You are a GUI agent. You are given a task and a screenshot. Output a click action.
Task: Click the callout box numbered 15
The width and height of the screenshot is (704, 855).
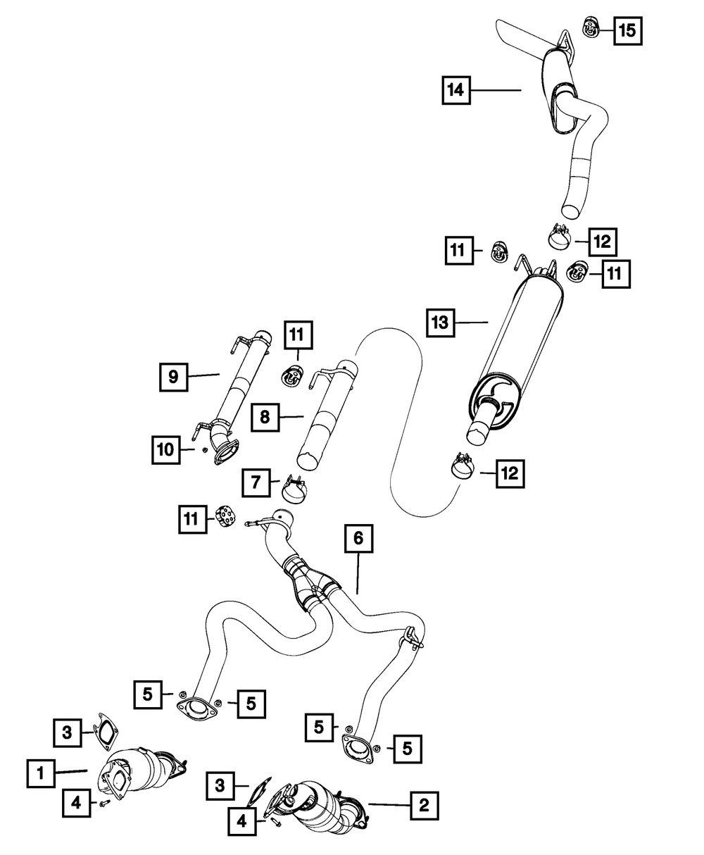[x=627, y=30]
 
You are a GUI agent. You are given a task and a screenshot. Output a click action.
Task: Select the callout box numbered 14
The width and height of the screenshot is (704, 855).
[x=457, y=90]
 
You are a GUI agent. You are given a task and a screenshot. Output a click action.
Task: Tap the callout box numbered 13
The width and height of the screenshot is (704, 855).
[x=440, y=323]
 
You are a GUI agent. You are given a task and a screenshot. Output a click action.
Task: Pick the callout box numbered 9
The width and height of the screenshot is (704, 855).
[x=172, y=377]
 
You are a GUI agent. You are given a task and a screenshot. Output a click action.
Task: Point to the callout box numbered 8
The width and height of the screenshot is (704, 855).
[x=264, y=417]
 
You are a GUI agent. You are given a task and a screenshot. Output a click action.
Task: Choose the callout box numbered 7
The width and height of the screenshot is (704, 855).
[x=256, y=482]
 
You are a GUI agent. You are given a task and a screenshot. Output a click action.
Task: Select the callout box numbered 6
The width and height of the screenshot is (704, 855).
[x=358, y=540]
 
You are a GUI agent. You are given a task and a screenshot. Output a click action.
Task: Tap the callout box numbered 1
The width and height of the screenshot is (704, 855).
[x=42, y=773]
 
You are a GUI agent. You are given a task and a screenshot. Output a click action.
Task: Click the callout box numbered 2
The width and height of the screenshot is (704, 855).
[x=423, y=803]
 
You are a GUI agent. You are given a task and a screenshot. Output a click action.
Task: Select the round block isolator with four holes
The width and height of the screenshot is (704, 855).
[x=227, y=518]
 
